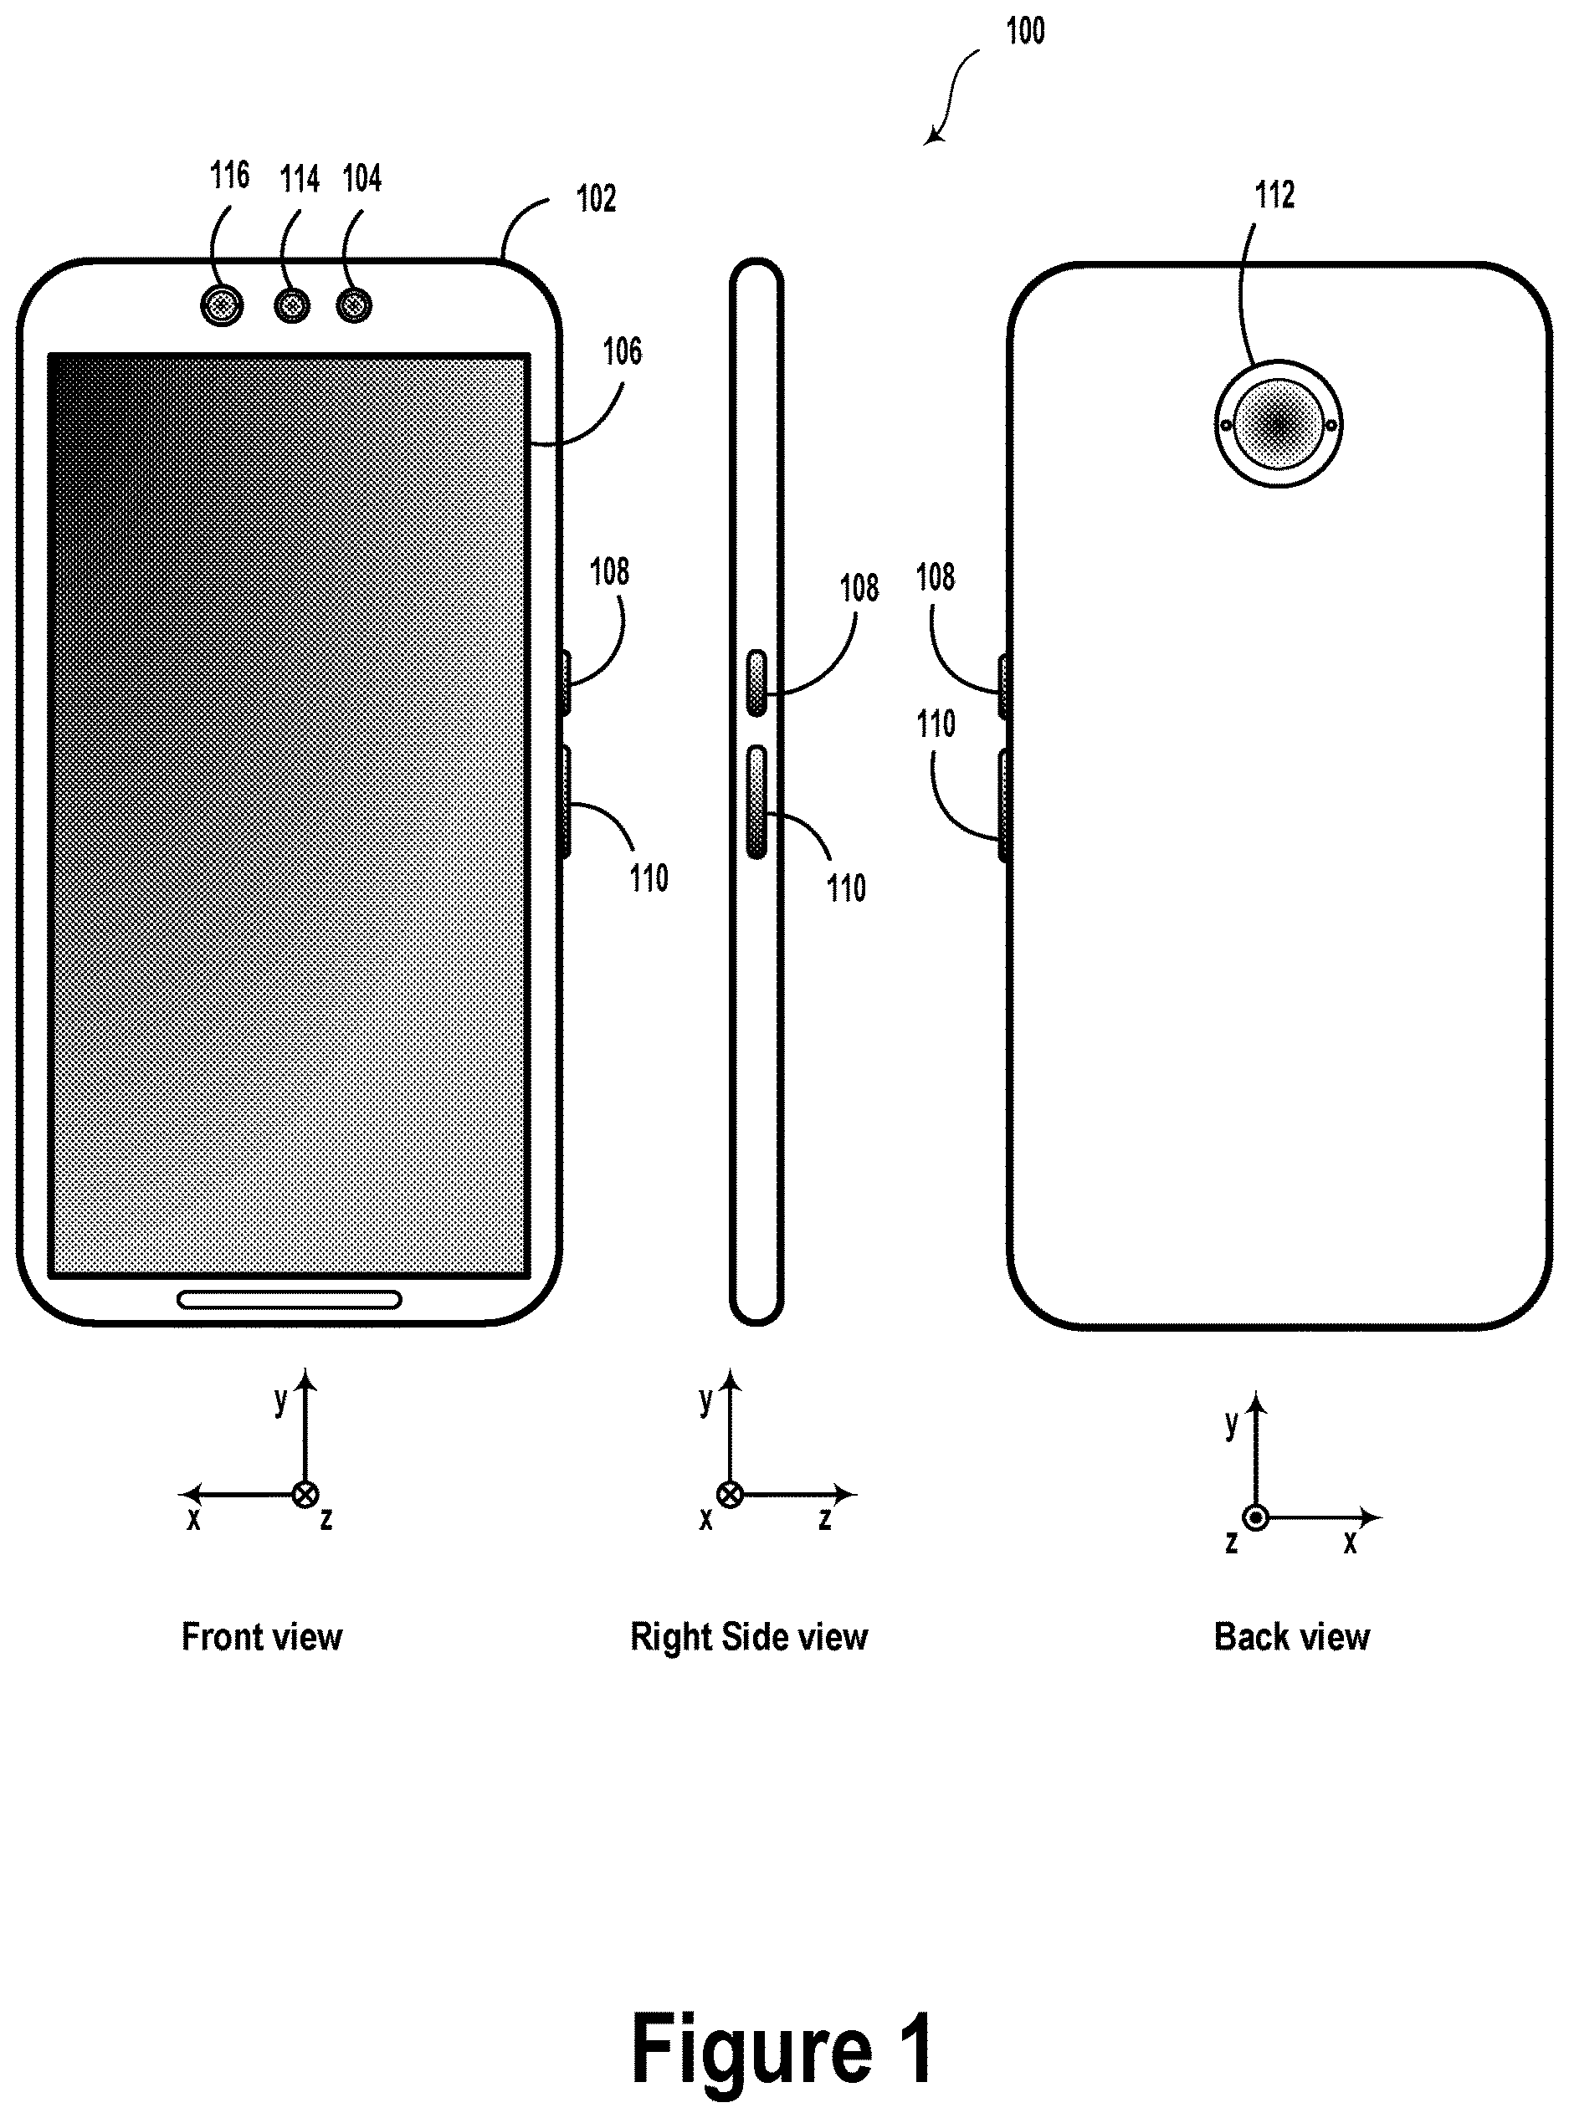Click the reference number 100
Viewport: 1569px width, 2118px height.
click(1026, 30)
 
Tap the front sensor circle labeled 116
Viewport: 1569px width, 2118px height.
click(223, 305)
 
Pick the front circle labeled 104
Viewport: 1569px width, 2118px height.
click(354, 305)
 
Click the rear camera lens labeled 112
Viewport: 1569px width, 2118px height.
click(1279, 423)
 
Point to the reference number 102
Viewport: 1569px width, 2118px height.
click(597, 198)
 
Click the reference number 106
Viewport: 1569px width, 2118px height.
click(622, 351)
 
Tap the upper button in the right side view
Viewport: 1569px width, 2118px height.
click(757, 683)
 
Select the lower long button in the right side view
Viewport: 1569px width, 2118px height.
click(757, 801)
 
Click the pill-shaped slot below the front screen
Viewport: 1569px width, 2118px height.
click(290, 1300)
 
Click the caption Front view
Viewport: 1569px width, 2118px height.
click(262, 1638)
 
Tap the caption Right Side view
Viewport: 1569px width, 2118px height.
click(750, 1638)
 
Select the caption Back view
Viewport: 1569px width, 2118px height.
click(1293, 1638)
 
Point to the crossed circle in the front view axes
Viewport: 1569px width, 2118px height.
click(305, 1495)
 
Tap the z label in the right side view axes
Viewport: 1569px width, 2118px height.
click(825, 1518)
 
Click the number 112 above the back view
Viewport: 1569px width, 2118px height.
click(1274, 196)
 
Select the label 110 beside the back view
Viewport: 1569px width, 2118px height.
click(936, 724)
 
